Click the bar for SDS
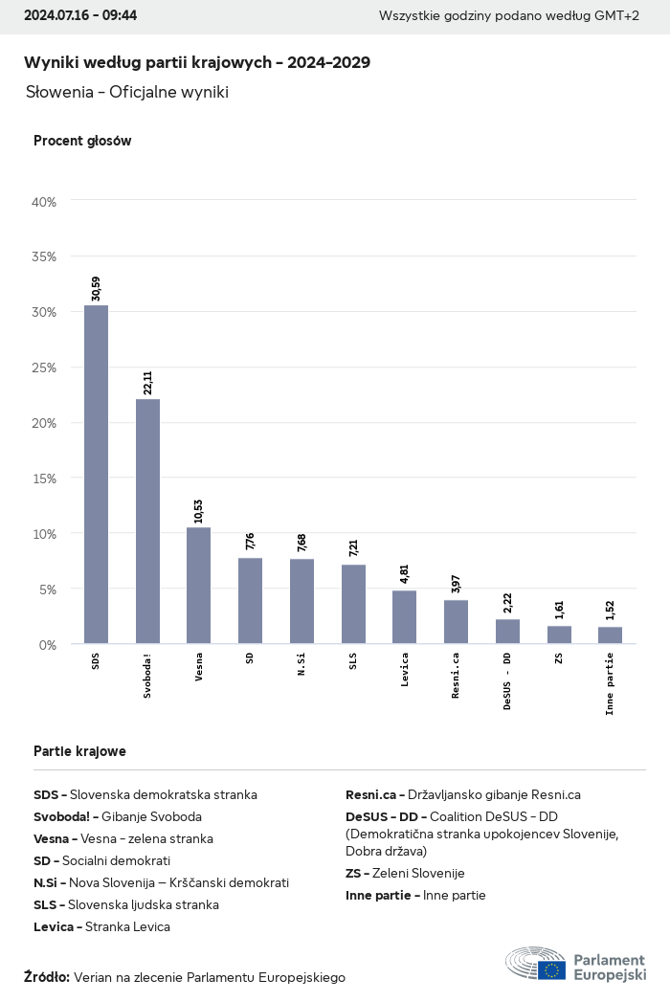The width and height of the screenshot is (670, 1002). click(96, 475)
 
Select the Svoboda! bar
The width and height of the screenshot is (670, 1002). click(147, 522)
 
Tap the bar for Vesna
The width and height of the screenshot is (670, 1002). click(199, 586)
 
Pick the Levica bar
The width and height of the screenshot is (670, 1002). click(404, 617)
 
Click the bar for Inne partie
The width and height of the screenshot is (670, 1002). click(610, 635)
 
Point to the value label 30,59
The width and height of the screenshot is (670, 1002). click(96, 289)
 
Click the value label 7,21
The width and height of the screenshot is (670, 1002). click(353, 548)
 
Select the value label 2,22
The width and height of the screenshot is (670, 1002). click(507, 604)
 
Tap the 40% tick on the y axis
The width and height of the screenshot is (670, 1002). click(44, 202)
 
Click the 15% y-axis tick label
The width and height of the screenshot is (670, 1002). click(44, 479)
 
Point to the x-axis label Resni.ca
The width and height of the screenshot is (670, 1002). click(456, 676)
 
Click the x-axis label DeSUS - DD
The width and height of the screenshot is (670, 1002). click(507, 681)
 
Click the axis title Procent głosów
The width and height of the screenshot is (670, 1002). click(82, 141)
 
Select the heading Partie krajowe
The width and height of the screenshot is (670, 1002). click(79, 751)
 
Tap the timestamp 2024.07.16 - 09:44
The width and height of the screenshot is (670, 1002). click(80, 15)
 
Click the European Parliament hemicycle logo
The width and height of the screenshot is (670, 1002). click(536, 964)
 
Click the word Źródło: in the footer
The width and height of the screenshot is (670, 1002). click(47, 977)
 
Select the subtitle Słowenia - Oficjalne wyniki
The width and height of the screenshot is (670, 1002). click(127, 93)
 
